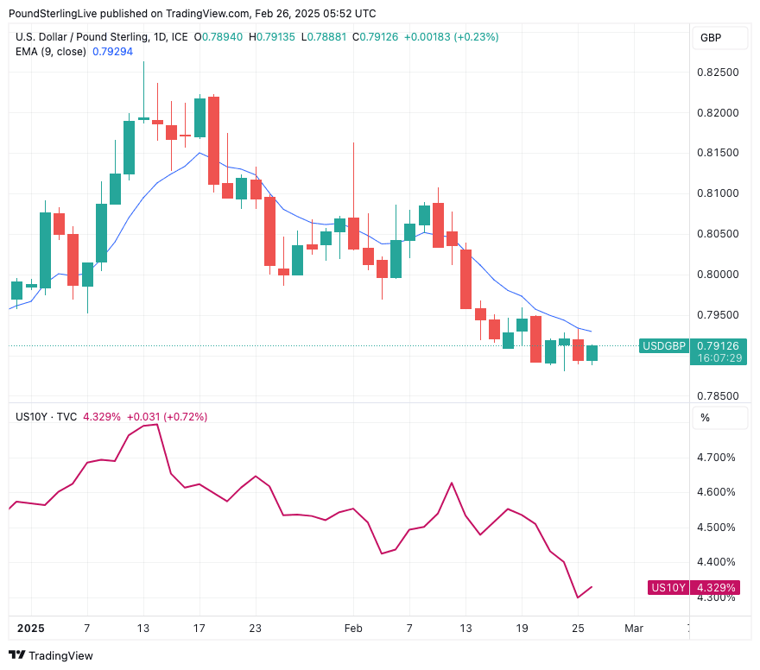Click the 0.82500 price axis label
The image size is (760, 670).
tap(717, 73)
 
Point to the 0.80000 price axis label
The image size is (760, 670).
tap(717, 275)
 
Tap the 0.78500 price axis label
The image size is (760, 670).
tap(717, 396)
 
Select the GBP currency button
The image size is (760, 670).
tap(711, 38)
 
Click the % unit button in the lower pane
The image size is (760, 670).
tap(705, 418)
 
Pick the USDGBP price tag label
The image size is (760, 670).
tap(663, 346)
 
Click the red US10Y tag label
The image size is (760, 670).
tap(668, 588)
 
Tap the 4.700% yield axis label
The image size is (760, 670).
tap(716, 458)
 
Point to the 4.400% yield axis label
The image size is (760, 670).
tap(716, 562)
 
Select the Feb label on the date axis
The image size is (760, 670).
tap(352, 629)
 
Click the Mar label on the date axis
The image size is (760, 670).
tap(633, 629)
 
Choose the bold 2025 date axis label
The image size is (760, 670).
tap(29, 629)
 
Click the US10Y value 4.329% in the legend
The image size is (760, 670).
tap(102, 417)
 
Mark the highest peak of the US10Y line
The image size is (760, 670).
tap(156, 425)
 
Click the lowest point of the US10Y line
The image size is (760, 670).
tap(578, 597)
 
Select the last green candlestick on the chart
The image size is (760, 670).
tap(592, 352)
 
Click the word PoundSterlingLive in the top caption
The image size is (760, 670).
tap(51, 14)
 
